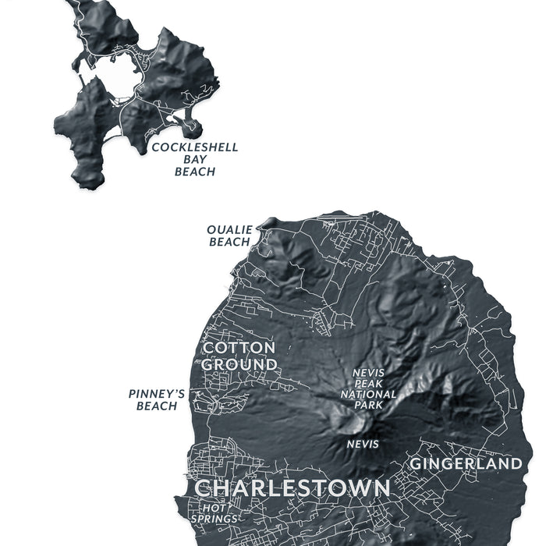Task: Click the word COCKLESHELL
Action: coord(194,147)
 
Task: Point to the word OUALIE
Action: coord(229,230)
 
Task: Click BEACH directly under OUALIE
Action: coord(229,242)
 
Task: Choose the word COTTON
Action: coord(239,347)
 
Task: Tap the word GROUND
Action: coord(239,364)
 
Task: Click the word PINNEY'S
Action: coord(157,394)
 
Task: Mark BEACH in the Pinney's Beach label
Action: coord(157,406)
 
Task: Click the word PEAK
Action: coord(368,383)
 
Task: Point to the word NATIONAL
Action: coord(368,394)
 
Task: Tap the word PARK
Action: coord(368,405)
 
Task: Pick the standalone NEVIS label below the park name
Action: coord(363,444)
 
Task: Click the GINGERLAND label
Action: coord(466,463)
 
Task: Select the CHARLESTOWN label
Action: coord(292,488)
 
